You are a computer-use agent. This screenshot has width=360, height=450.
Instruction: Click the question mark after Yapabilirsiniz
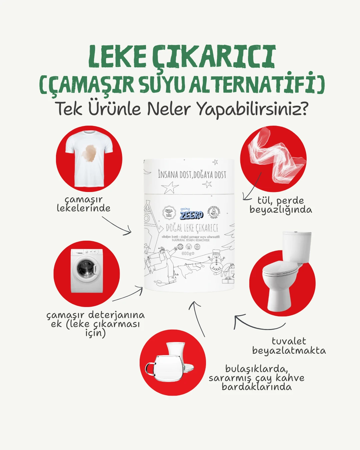point(302,109)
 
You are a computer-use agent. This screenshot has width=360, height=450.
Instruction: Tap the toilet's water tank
point(296,247)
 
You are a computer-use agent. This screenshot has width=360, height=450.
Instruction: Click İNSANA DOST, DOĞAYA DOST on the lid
point(192,174)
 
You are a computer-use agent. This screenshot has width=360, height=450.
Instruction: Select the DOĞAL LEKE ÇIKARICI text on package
point(192,228)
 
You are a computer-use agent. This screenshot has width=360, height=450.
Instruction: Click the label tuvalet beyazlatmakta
point(289,346)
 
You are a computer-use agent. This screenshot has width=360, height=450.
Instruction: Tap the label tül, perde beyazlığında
point(281,205)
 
